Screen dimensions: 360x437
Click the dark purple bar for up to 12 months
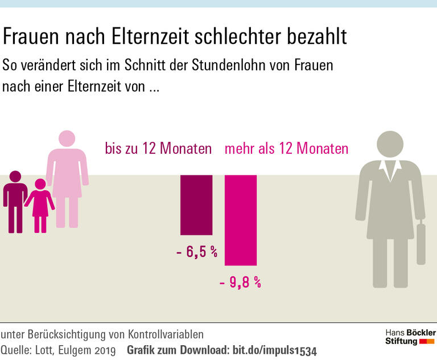coord(196,205)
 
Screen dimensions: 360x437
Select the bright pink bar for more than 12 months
coord(241,220)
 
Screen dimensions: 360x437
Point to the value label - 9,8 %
coord(240,282)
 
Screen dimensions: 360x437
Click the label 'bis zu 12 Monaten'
coord(158,149)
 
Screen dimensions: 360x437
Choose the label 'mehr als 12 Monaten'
coord(287,149)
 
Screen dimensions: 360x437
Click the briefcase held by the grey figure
coord(420,244)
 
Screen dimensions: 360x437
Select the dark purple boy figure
coord(15,201)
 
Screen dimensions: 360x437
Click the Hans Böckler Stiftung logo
coord(410,337)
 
